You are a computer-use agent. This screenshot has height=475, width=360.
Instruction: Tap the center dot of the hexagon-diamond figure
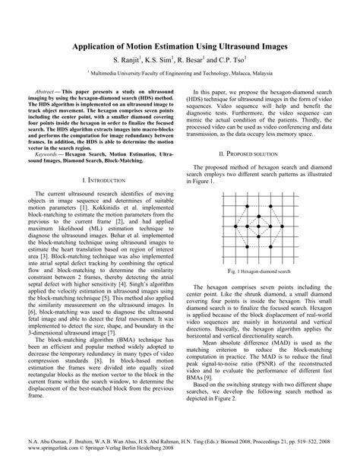257,226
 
